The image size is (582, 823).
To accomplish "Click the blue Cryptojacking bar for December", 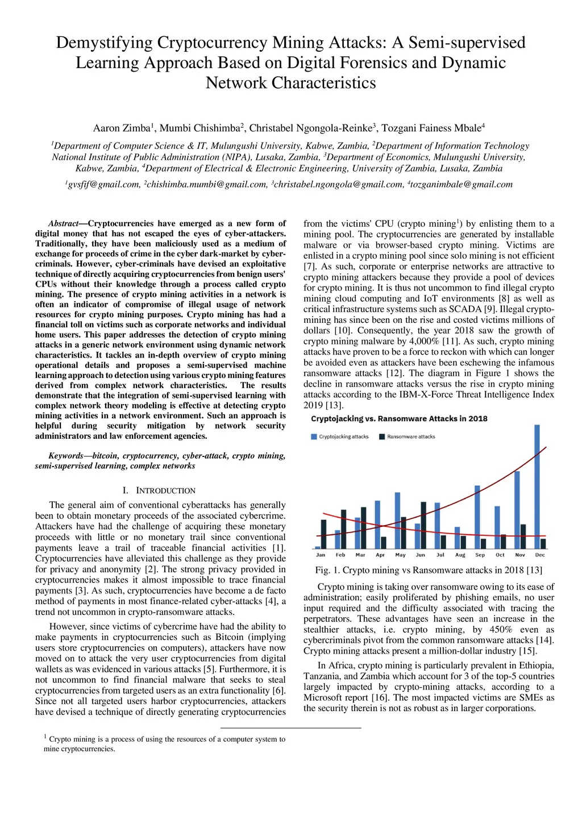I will [x=537, y=487].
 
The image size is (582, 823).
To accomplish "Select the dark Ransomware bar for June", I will [x=423, y=525].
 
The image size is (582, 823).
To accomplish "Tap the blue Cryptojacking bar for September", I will [x=477, y=517].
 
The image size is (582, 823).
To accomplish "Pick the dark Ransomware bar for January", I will [x=323, y=534].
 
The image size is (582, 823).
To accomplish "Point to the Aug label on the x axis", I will [x=460, y=555].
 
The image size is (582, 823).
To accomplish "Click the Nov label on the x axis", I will [x=520, y=555].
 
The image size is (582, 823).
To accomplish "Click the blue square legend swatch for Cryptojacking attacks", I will [x=314, y=437].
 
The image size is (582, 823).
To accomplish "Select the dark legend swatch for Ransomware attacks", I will [x=383, y=437].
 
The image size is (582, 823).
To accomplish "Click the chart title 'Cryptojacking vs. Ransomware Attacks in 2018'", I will [x=399, y=419].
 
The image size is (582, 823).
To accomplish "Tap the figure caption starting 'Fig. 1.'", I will [x=429, y=570].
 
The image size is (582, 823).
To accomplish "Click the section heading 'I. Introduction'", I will [x=159, y=491].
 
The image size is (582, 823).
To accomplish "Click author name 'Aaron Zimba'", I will [x=121, y=128].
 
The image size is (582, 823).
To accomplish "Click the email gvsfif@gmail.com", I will [x=103, y=185].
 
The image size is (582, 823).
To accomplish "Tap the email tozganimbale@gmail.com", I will [x=462, y=185].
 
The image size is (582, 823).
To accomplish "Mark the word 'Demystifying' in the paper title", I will [x=104, y=43].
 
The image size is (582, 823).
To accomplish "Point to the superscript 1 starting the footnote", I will [x=45, y=737].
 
